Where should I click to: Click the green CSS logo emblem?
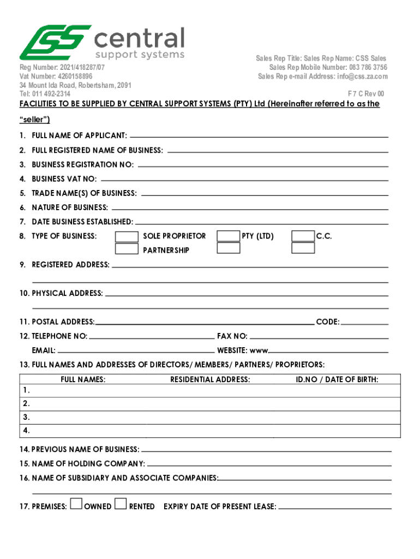(x=54, y=42)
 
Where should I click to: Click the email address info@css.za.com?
(x=361, y=76)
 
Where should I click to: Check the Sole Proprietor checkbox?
(x=127, y=236)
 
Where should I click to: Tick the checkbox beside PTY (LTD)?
(x=228, y=236)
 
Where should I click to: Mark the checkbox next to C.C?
(x=303, y=236)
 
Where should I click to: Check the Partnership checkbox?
(x=127, y=248)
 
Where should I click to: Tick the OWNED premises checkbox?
(x=77, y=505)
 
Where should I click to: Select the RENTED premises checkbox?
(x=121, y=505)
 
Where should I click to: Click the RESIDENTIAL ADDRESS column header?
(x=210, y=379)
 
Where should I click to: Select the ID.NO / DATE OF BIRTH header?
(x=337, y=379)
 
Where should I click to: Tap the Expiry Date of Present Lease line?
(x=335, y=507)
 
